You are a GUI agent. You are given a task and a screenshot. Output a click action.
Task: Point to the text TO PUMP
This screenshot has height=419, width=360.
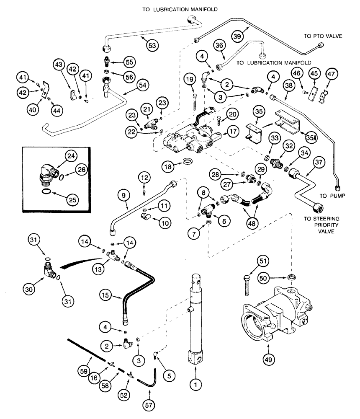pyautogui.click(x=331, y=195)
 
